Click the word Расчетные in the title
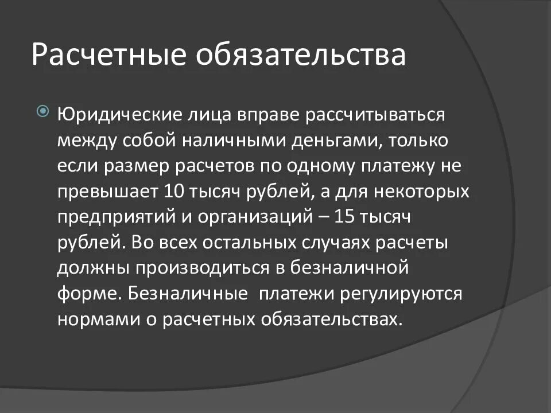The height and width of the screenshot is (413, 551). pos(110,54)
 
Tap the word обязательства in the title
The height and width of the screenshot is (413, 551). pos(301,54)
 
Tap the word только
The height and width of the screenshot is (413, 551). pos(425,140)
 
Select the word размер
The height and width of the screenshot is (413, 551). pos(128,166)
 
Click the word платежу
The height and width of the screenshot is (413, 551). pos(402,166)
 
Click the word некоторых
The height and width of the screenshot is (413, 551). pos(423,192)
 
